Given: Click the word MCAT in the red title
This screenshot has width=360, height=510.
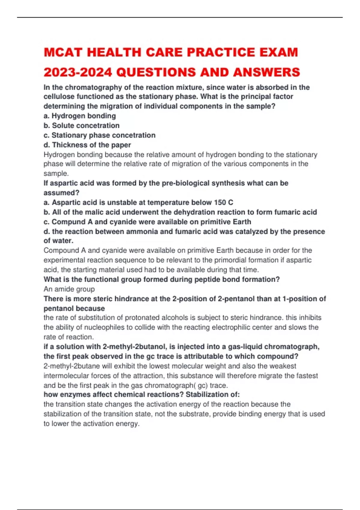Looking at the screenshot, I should click(63, 52).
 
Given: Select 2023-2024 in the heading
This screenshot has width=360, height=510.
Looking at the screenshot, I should click(78, 72).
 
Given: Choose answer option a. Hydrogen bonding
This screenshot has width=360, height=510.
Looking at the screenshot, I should click(79, 116).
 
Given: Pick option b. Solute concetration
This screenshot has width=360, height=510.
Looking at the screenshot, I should click(81, 125).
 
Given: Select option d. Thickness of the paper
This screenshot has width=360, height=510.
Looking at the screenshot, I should click(87, 145).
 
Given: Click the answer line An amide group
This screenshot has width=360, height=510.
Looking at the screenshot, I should click(69, 289).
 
